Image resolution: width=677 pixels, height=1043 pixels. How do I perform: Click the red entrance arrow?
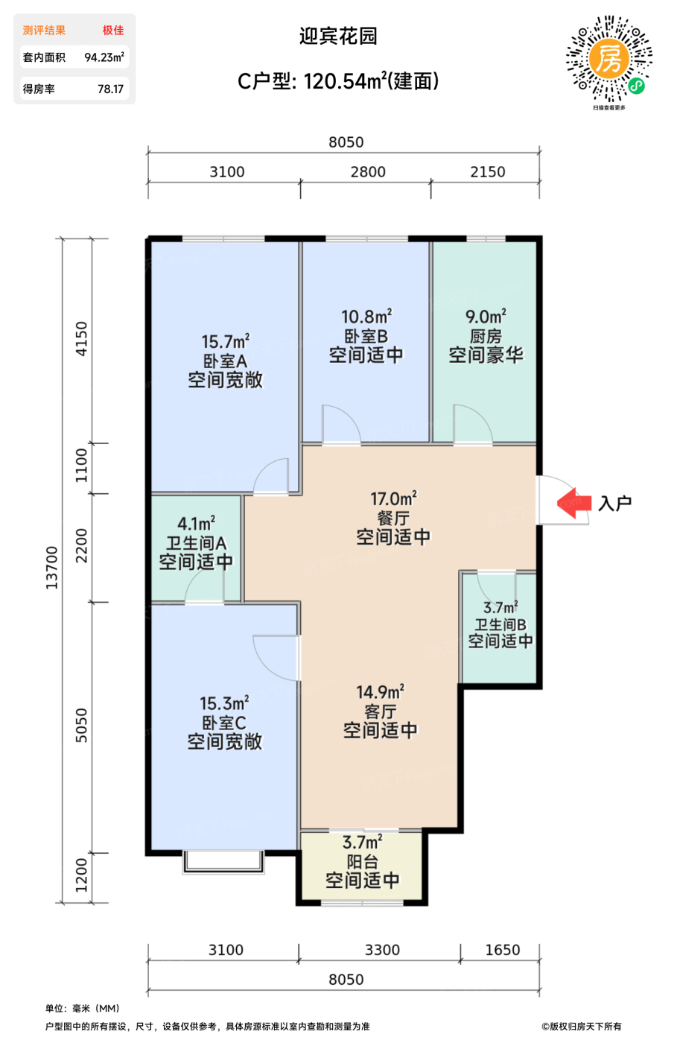(x=573, y=503)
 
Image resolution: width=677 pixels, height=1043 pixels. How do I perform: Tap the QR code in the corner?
(x=609, y=59)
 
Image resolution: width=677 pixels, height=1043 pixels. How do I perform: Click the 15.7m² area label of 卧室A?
(x=226, y=341)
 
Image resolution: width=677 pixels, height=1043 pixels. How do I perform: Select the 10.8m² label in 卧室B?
(x=366, y=317)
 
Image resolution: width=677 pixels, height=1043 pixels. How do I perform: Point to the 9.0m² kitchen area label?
(x=486, y=317)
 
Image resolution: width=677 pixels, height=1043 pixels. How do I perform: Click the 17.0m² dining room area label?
(x=393, y=498)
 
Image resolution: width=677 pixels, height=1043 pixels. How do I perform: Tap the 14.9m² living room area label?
(x=380, y=692)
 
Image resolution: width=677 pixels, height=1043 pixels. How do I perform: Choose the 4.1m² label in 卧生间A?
(x=196, y=523)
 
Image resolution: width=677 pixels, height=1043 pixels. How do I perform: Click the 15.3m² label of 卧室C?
(x=224, y=703)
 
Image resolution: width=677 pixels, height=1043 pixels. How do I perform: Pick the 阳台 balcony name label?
(x=362, y=861)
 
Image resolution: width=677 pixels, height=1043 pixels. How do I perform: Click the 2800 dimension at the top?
(x=368, y=172)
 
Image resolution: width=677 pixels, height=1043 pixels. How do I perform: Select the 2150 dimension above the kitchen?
(x=488, y=172)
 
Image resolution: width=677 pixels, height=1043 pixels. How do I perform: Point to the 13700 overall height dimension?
(x=51, y=568)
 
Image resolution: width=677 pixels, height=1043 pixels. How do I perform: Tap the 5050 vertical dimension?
(x=81, y=725)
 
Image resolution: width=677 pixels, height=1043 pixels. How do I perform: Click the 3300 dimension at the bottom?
(x=382, y=950)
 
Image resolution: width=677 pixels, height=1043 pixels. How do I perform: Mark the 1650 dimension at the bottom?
(x=503, y=950)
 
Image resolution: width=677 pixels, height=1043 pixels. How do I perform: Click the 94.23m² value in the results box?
(x=104, y=57)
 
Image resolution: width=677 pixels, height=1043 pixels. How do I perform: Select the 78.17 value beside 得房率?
(x=111, y=89)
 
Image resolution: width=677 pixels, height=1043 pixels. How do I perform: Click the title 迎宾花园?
(x=338, y=36)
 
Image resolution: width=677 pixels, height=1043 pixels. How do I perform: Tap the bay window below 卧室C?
(x=223, y=863)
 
